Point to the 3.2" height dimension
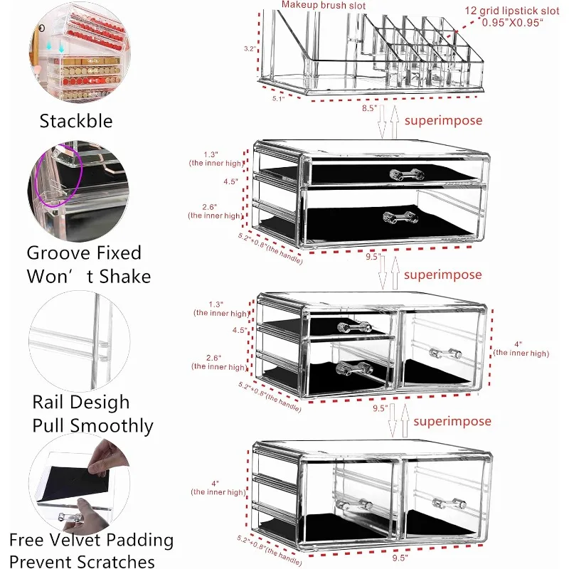pos(248,50)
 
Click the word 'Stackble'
pos(75,121)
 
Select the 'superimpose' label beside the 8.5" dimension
pos(443,120)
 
